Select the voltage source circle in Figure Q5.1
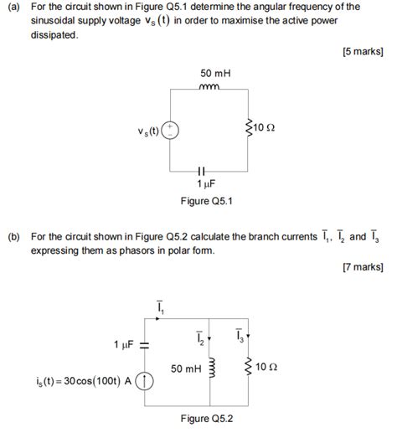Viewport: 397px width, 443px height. (170, 129)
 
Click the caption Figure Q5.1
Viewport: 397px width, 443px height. (206, 201)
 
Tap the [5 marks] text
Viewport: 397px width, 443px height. (363, 51)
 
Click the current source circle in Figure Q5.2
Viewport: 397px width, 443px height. (146, 382)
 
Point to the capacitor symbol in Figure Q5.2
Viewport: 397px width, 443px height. (145, 344)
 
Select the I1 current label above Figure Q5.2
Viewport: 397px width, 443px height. (160, 310)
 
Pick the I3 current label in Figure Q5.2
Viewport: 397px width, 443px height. (240, 336)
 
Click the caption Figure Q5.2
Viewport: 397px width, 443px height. (206, 419)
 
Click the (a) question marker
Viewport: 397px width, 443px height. (14, 7)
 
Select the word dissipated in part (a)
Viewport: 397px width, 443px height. (54, 35)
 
